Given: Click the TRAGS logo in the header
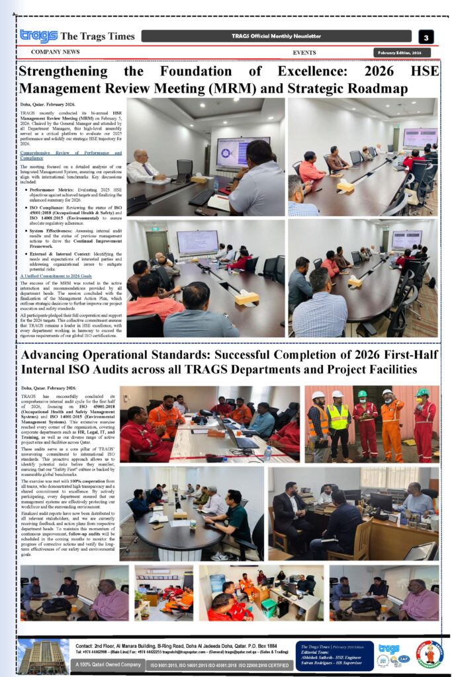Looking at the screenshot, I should point(38,36).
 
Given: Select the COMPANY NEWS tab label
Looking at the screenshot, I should point(55,52).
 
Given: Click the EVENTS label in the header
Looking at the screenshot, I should point(304,52).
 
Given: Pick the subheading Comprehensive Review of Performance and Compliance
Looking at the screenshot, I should point(71,155).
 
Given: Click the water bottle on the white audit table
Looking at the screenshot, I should point(267,453).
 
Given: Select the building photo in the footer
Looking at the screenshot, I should point(44,655).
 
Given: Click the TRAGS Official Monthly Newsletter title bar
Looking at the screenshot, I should point(277,36).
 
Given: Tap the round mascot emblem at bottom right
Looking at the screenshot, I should point(429,654).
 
